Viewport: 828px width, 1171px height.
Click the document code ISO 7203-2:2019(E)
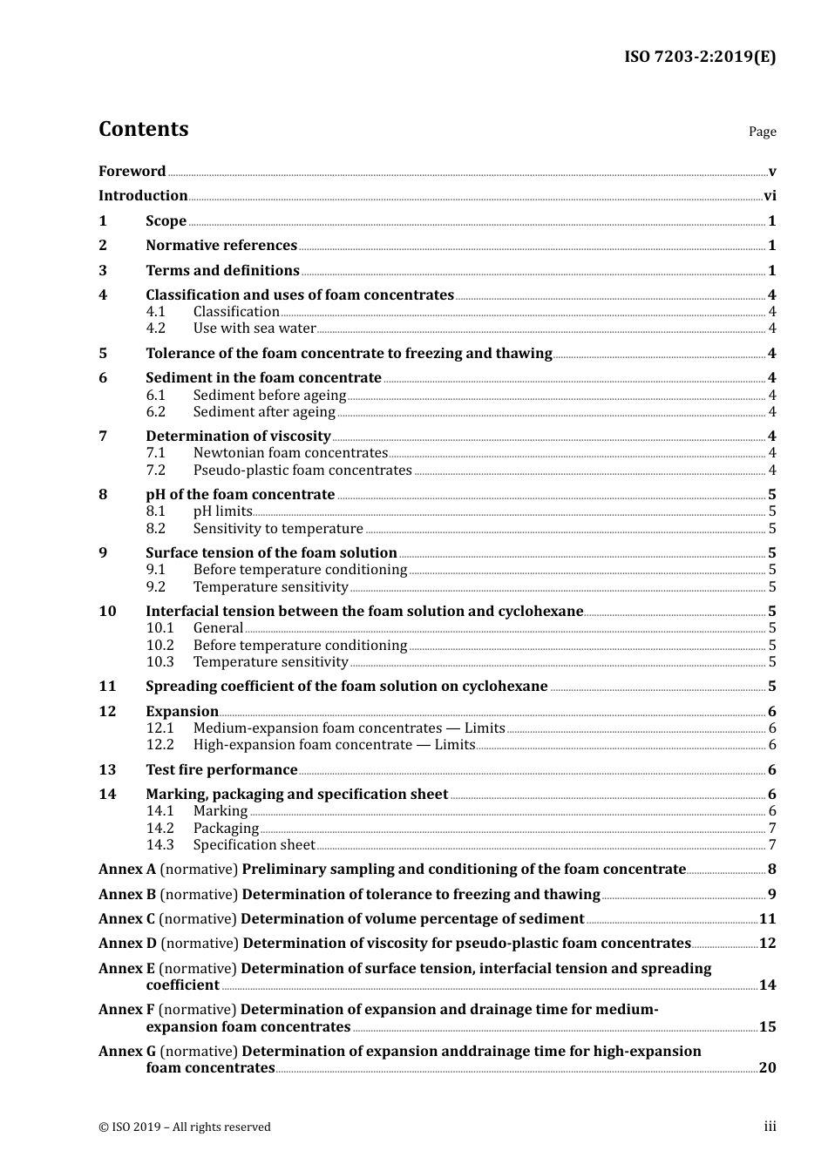(700, 58)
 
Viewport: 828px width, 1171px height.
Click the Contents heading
(143, 129)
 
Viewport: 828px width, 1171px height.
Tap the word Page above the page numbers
(762, 132)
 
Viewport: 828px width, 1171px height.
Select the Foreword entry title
(132, 172)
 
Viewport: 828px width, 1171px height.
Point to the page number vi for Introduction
(770, 196)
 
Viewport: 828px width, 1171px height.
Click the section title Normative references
(221, 246)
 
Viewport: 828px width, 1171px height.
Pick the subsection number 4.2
(156, 328)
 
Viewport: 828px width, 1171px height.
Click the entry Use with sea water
(255, 328)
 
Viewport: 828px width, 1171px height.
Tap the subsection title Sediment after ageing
(264, 412)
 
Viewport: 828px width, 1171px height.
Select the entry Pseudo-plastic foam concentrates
(302, 470)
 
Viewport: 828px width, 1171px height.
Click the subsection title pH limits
(222, 511)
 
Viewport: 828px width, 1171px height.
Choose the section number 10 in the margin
(107, 612)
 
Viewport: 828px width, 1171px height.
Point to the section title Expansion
(182, 712)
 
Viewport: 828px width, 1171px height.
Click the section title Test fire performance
(221, 770)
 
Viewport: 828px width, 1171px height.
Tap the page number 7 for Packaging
(772, 829)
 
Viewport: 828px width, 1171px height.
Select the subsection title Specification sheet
(254, 845)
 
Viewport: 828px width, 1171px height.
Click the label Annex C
(127, 919)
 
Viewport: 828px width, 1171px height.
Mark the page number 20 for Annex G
(767, 1068)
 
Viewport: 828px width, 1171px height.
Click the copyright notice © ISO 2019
(185, 1127)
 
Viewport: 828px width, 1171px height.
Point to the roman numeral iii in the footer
(770, 1127)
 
